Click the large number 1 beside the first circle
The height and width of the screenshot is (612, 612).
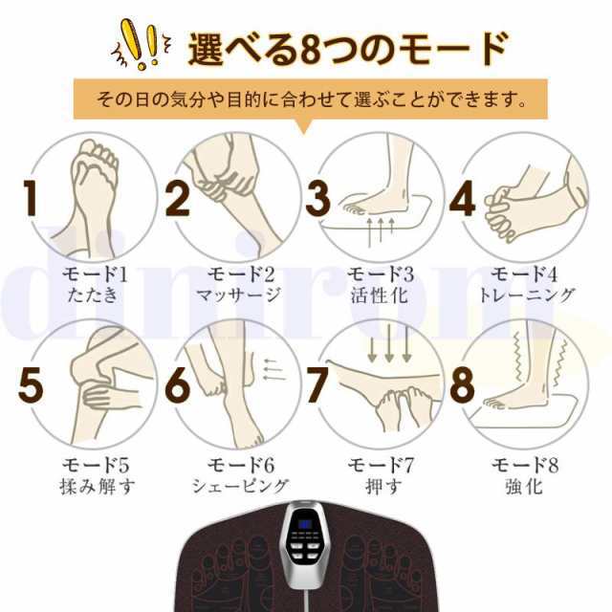point(30,198)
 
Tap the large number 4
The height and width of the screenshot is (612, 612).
point(462,198)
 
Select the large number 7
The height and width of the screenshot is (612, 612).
point(317,385)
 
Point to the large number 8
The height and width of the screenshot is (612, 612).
point(462,385)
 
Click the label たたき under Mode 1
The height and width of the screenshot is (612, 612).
point(92,295)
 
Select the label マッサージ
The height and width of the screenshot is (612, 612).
point(238,295)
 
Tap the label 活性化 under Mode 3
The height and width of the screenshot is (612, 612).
point(379,295)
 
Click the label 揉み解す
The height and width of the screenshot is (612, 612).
point(98,487)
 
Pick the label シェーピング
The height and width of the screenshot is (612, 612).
point(240,487)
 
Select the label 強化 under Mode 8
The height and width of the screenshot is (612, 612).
point(524,487)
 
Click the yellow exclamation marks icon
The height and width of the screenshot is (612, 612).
point(142,45)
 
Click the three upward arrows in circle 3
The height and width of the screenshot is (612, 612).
point(381,231)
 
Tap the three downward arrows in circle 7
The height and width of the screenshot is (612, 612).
point(389,344)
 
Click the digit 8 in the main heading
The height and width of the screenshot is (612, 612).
point(310,49)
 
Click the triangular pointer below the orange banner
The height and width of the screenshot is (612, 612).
point(303,126)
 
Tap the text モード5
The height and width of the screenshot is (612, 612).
point(96,466)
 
